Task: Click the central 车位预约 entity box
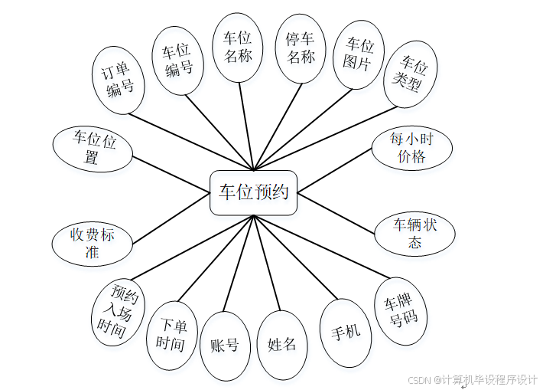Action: tap(253, 192)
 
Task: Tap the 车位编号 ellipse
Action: tap(178, 60)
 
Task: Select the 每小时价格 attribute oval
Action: tap(411, 148)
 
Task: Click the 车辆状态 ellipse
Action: tap(414, 234)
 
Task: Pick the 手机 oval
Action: tap(346, 333)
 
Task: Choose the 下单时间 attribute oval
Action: tap(171, 335)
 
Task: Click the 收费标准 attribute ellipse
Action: tap(92, 244)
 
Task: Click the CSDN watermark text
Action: tap(472, 379)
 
